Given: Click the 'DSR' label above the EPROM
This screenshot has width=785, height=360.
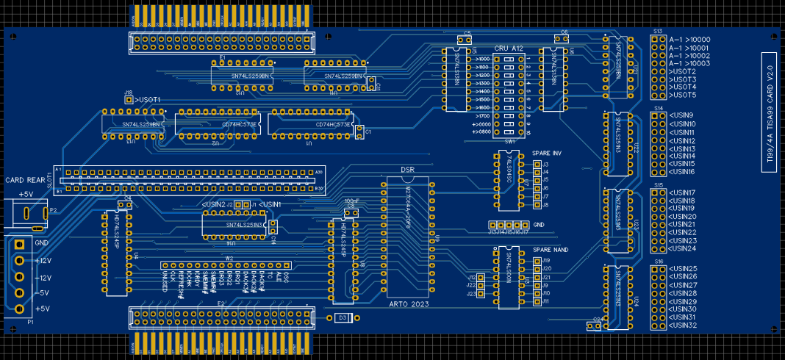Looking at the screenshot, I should (x=407, y=170).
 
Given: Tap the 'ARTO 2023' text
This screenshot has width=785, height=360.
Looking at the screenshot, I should (x=407, y=303).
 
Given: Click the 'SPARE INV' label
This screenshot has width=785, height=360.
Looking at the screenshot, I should (x=547, y=153).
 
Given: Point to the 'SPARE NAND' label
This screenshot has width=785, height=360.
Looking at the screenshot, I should (x=551, y=250).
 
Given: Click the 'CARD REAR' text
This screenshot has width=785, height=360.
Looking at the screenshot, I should (x=25, y=180).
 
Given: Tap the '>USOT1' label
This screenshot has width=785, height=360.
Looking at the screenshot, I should (x=147, y=99).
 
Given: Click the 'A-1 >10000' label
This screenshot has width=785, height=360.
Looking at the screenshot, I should (x=689, y=40).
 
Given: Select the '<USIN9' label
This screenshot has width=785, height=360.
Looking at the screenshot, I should (x=681, y=115).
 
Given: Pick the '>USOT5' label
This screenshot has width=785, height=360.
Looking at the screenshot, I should (x=683, y=95).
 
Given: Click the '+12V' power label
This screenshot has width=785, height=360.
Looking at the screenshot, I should (x=43, y=261).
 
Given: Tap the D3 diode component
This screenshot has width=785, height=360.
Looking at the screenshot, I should (x=342, y=317).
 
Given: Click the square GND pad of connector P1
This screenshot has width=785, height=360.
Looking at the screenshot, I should (x=20, y=245).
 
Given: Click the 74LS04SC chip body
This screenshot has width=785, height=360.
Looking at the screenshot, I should (x=508, y=180).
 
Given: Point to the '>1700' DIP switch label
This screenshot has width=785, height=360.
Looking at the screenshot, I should (x=483, y=116).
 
